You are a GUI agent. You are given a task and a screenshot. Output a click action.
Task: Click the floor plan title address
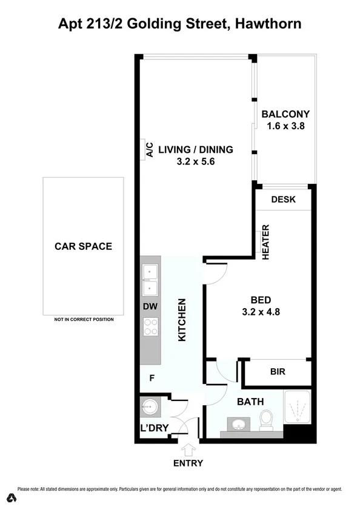click(180, 24)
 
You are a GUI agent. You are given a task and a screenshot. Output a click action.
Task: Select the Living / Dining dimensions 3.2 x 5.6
click(196, 162)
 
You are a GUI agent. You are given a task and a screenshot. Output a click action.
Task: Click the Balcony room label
click(285, 114)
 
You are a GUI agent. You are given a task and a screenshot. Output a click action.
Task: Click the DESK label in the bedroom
click(283, 200)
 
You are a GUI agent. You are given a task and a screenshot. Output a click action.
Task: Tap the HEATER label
click(265, 243)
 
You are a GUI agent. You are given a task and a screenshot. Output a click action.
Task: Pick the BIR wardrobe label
click(277, 372)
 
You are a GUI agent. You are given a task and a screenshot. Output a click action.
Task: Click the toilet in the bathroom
click(265, 419)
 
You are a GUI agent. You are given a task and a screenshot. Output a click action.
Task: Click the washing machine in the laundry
click(149, 405)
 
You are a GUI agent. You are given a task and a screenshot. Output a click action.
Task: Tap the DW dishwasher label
click(150, 307)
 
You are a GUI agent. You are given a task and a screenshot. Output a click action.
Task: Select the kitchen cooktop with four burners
click(150, 328)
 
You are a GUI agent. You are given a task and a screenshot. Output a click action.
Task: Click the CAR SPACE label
click(83, 246)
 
